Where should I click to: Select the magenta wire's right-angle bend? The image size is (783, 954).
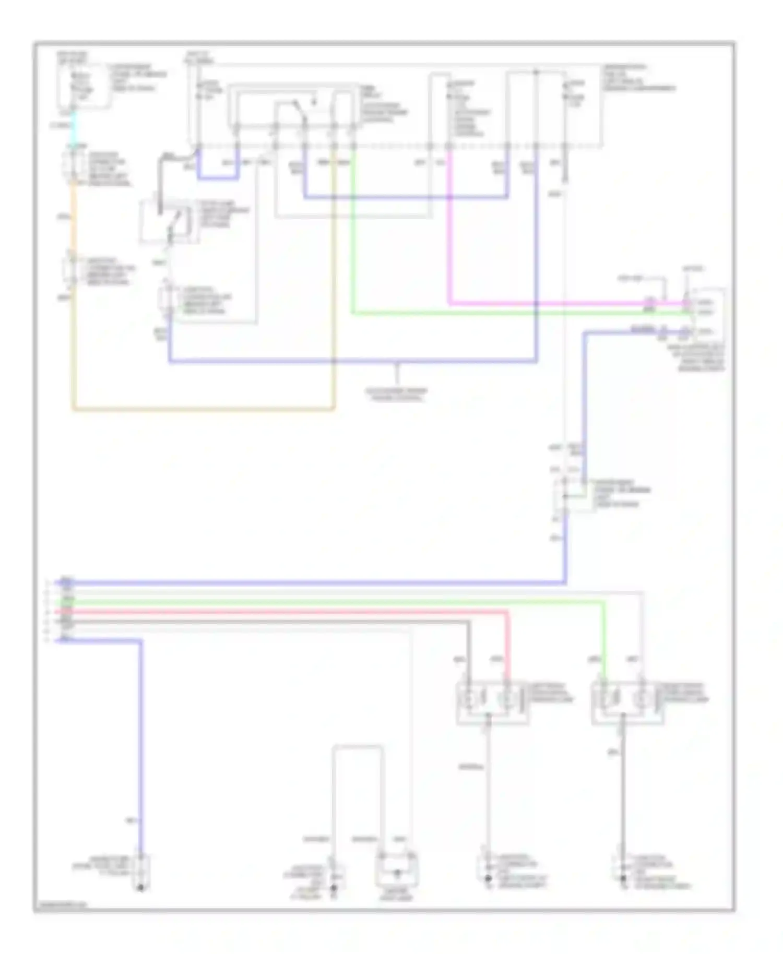point(450,303)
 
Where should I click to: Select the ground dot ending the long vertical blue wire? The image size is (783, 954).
point(141,887)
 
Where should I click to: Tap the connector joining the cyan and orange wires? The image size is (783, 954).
point(73,167)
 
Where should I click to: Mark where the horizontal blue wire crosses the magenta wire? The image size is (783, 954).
point(450,198)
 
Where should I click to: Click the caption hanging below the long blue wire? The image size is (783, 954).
point(397,394)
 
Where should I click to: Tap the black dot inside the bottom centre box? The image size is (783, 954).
point(397,872)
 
